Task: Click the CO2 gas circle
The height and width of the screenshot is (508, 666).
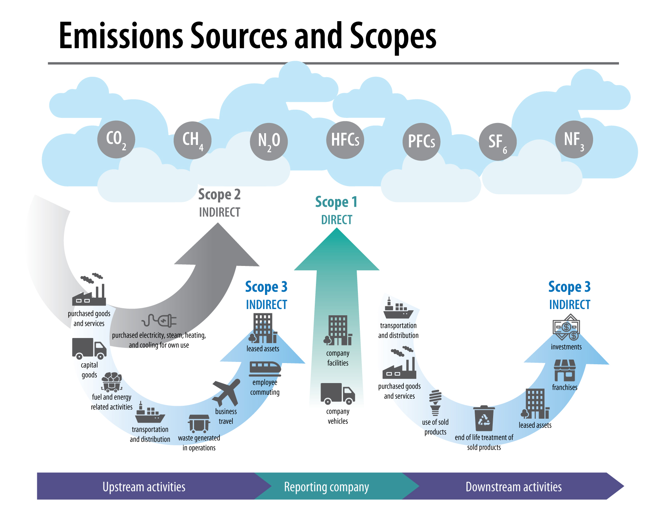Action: [x=116, y=139]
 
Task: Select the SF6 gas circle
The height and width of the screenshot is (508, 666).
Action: [x=497, y=142]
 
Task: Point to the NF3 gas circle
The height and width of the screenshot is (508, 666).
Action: [x=574, y=139]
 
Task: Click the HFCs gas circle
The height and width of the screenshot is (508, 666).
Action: [x=345, y=140]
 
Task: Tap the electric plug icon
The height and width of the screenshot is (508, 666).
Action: [x=159, y=320]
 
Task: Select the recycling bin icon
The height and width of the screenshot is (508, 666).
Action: [x=484, y=418]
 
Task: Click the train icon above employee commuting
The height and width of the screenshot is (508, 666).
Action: [x=265, y=369]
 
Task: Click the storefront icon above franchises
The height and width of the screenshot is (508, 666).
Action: [x=564, y=371]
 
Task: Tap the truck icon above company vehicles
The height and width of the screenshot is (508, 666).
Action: [x=338, y=393]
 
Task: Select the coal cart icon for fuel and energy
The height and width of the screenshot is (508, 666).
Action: [x=112, y=382]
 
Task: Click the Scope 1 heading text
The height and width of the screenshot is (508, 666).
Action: [x=336, y=202]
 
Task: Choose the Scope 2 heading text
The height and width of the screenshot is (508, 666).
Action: [x=219, y=194]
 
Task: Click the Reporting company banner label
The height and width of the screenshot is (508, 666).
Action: [x=326, y=487]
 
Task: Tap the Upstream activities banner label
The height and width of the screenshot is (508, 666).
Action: [x=144, y=487]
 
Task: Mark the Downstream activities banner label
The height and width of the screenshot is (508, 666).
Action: [x=514, y=487]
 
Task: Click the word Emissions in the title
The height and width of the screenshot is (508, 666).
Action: [x=121, y=36]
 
